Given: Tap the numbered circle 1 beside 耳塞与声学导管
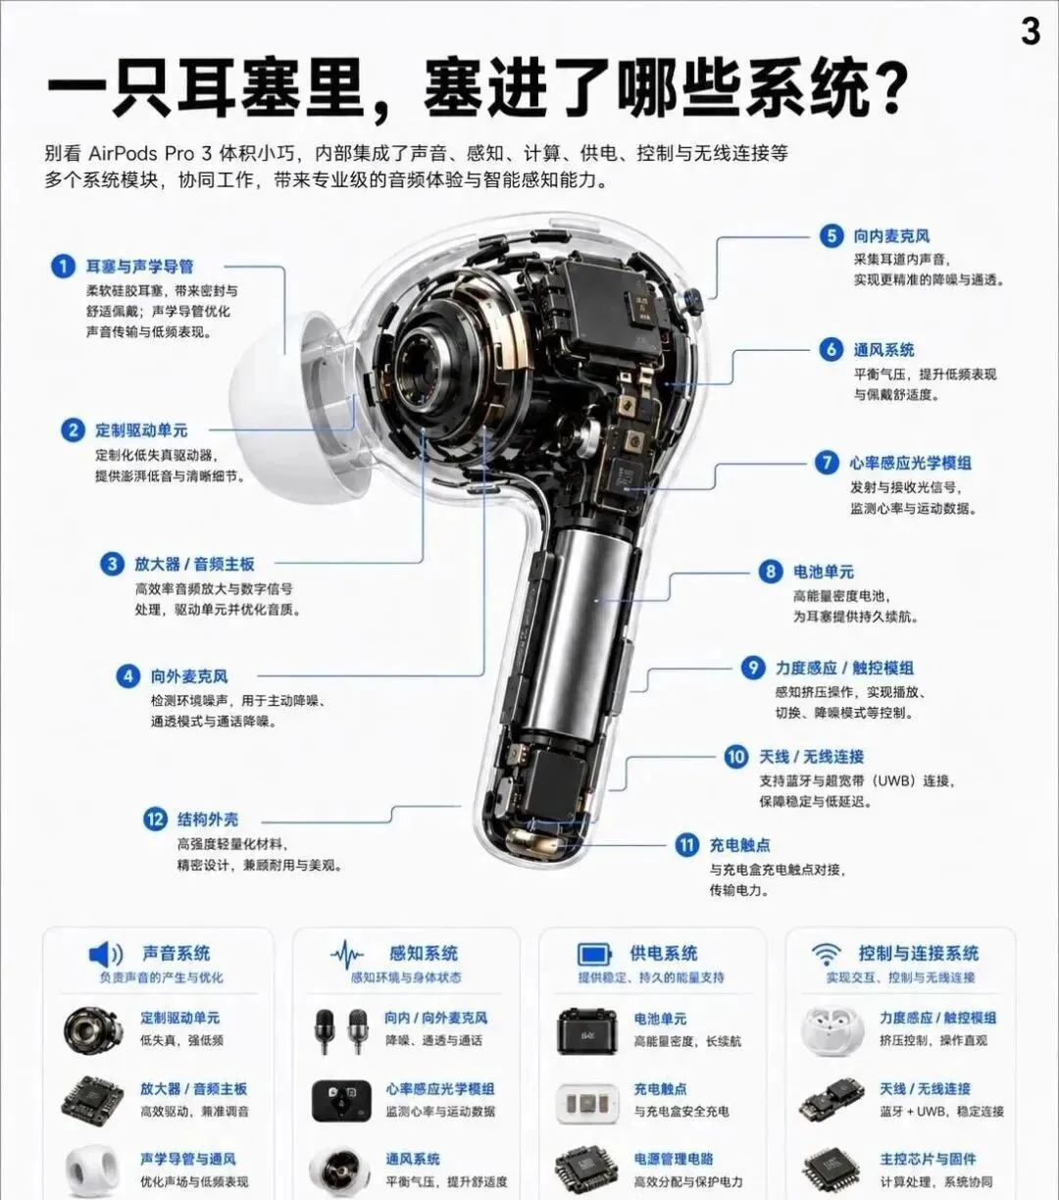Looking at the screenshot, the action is pyautogui.click(x=63, y=267).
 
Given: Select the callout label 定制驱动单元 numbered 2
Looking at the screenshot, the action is pyautogui.click(x=141, y=430).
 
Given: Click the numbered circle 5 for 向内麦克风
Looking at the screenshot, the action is pyautogui.click(x=832, y=235).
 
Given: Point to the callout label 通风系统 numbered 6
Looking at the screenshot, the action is pyautogui.click(x=883, y=350).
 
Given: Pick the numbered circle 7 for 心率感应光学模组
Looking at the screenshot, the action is pyautogui.click(x=827, y=463).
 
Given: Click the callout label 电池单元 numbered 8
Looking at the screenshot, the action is pyautogui.click(x=823, y=572).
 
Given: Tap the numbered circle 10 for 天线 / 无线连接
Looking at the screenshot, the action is pyautogui.click(x=736, y=757).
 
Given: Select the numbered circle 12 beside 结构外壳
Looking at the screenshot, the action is pyautogui.click(x=155, y=820).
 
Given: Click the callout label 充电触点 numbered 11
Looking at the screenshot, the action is pyautogui.click(x=739, y=845).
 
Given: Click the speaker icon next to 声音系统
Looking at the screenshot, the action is pyautogui.click(x=106, y=954).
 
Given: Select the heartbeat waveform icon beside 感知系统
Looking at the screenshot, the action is pyautogui.click(x=347, y=954).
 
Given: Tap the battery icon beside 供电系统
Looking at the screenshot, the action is pyautogui.click(x=594, y=955).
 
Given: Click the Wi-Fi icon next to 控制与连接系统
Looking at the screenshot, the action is pyautogui.click(x=827, y=954).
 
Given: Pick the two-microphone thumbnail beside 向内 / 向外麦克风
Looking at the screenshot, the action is pyautogui.click(x=341, y=1031).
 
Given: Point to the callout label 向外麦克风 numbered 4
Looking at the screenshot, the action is pyautogui.click(x=189, y=676).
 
